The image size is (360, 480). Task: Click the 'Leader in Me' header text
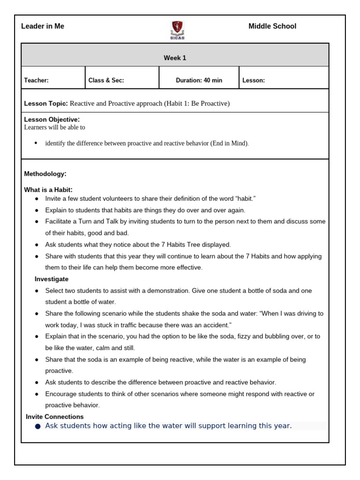pyautogui.click(x=43, y=26)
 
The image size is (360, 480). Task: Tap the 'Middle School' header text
pyautogui.click(x=272, y=26)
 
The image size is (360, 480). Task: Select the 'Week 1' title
pyautogui.click(x=175, y=58)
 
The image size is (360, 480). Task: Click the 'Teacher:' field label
pyautogui.click(x=36, y=80)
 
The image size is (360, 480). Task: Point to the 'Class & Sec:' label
pyautogui.click(x=106, y=80)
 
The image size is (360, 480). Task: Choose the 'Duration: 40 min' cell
pyautogui.click(x=199, y=80)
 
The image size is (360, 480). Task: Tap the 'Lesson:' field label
pyautogui.click(x=253, y=80)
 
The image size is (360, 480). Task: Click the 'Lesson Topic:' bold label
pyautogui.click(x=46, y=103)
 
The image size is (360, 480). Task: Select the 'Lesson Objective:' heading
pyautogui.click(x=52, y=120)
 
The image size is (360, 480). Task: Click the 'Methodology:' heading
pyautogui.click(x=45, y=174)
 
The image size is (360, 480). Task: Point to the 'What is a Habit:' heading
pyautogui.click(x=48, y=190)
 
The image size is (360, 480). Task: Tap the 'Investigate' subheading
pyautogui.click(x=52, y=279)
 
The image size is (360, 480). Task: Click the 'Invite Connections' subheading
pyautogui.click(x=55, y=417)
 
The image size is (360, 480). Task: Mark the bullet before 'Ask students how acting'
pyautogui.click(x=37, y=426)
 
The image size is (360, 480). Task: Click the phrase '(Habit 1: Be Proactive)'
pyautogui.click(x=197, y=103)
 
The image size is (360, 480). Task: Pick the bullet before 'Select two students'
pyautogui.click(x=37, y=291)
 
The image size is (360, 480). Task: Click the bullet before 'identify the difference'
pyautogui.click(x=37, y=143)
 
